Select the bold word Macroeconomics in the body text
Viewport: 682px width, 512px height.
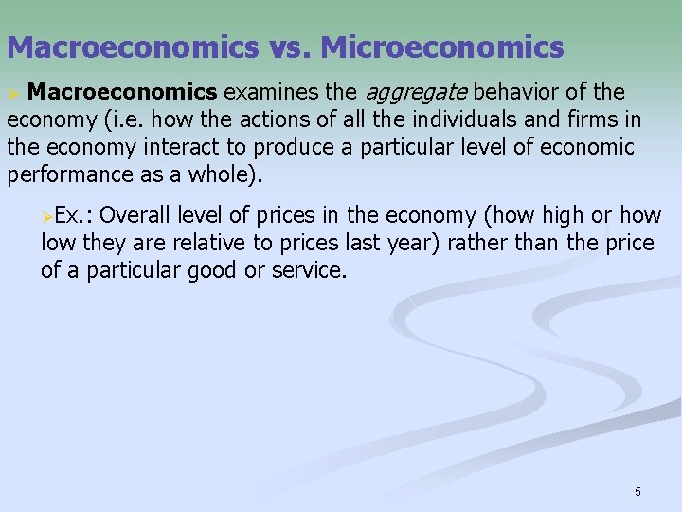pyautogui.click(x=122, y=92)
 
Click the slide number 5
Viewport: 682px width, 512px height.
pyautogui.click(x=637, y=491)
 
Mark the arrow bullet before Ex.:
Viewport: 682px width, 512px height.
pyautogui.click(x=47, y=217)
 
